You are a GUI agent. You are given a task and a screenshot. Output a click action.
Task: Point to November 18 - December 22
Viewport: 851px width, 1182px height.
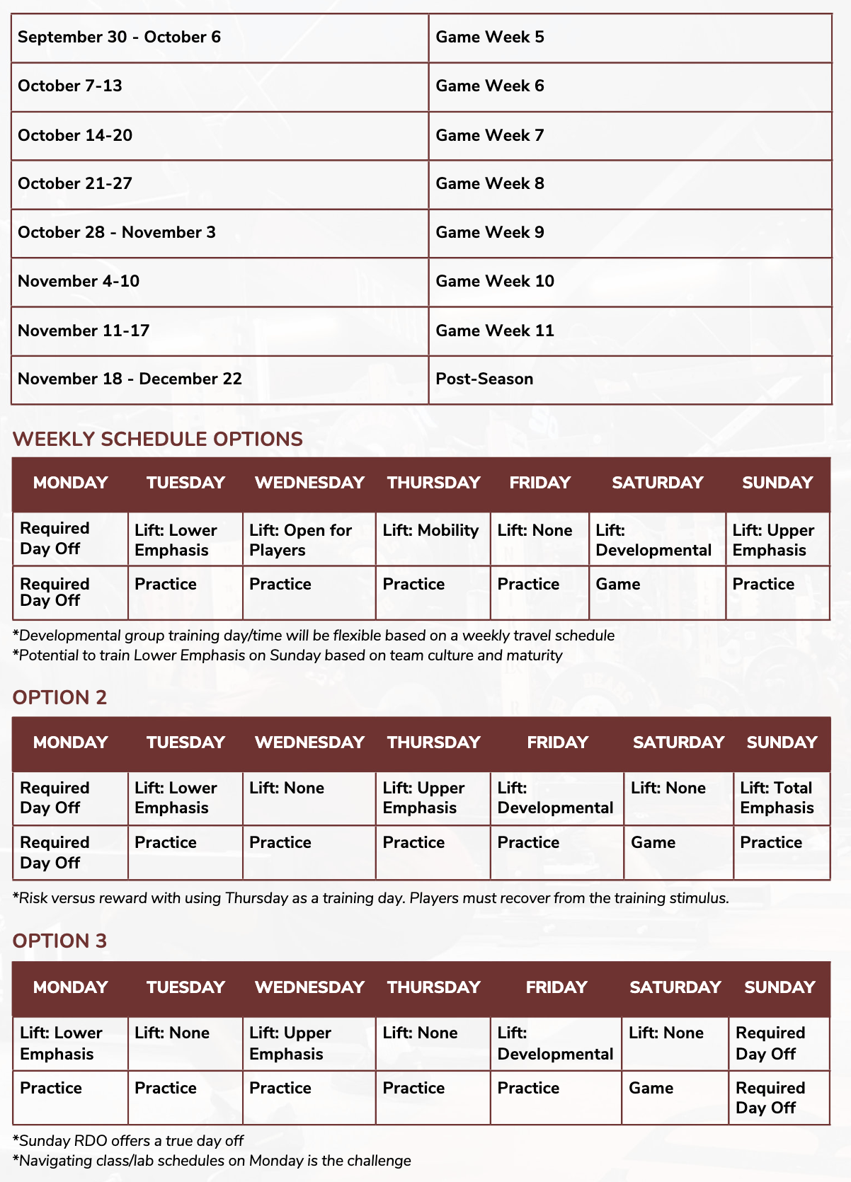(130, 379)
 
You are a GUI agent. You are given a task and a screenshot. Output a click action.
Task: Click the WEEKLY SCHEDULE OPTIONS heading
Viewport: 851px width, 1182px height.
(157, 439)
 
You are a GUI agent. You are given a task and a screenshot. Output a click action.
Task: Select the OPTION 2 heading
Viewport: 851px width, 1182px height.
(59, 697)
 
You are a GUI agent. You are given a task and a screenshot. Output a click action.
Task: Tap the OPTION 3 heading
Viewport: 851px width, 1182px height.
(59, 941)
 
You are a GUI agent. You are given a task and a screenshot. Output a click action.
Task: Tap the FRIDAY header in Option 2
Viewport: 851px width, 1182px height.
(557, 742)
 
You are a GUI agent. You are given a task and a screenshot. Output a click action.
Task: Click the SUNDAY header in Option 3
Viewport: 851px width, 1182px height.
(779, 987)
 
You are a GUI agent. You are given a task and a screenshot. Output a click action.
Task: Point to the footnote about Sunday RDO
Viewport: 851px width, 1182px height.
(128, 1141)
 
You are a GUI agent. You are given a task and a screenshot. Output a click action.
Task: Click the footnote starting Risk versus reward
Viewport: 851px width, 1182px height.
(370, 898)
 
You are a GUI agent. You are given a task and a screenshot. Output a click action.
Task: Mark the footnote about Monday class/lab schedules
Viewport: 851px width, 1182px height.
(212, 1161)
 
